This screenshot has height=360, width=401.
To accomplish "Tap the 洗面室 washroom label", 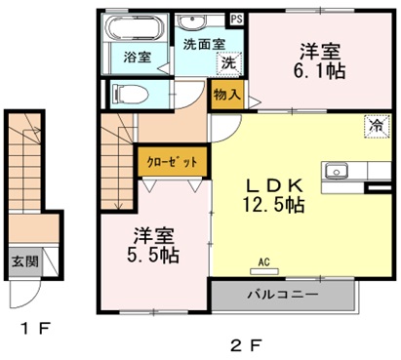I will tap(203, 44).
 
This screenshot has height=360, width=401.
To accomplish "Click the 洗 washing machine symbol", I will tap(227, 62).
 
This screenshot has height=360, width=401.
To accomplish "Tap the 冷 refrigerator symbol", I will tap(374, 125).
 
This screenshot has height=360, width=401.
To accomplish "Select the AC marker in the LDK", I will tap(263, 260).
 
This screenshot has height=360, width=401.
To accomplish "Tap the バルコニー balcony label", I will tap(280, 293).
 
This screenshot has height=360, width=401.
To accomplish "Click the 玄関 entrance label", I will tap(24, 261).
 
